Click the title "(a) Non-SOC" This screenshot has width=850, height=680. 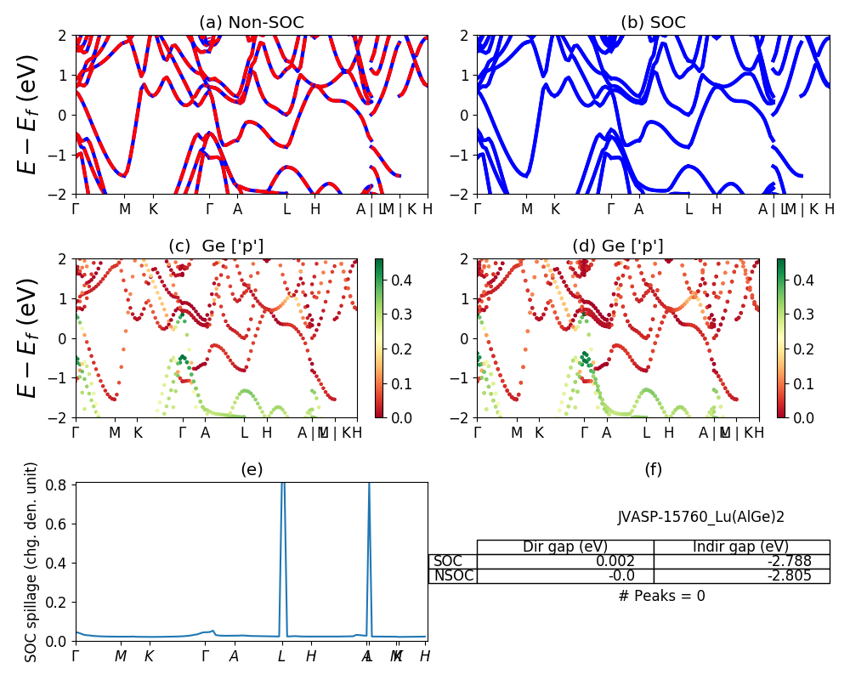coord(251,23)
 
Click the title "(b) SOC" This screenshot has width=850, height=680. coord(653,23)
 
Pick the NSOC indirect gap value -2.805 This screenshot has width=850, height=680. coord(786,575)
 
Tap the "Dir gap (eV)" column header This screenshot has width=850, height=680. coord(564,547)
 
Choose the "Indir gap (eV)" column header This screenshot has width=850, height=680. coord(741,547)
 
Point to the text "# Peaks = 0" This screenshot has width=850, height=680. coord(661,596)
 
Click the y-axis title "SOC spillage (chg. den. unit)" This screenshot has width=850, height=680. coord(31,562)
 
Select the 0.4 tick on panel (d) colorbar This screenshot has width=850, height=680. coord(804,279)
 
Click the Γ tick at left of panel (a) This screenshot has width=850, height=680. coord(76,209)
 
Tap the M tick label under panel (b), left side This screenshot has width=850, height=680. coord(527,209)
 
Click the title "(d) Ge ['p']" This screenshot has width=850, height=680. coord(618,246)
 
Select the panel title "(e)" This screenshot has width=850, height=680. coord(251,469)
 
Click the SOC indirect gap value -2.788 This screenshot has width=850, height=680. coord(786,561)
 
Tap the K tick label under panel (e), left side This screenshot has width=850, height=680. coord(149,656)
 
